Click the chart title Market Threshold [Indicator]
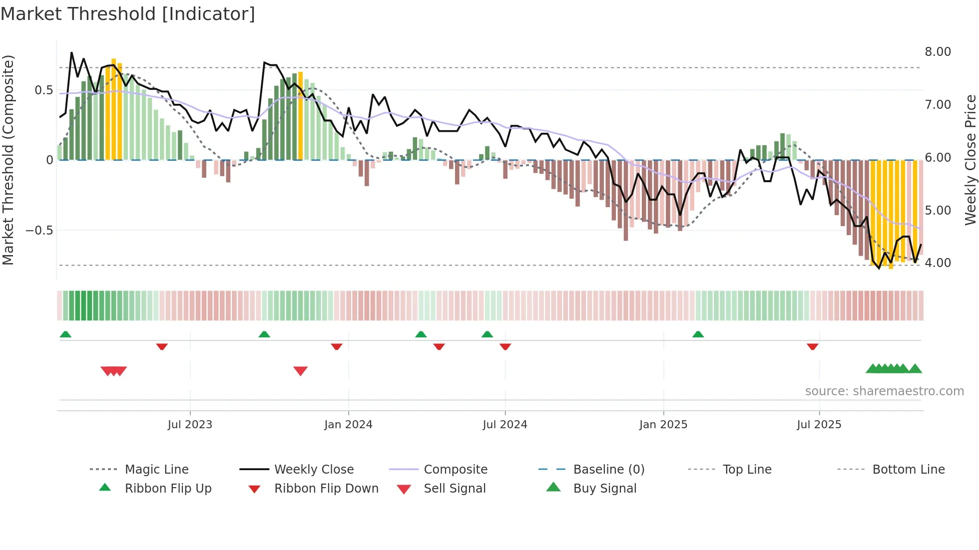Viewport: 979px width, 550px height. pyautogui.click(x=128, y=14)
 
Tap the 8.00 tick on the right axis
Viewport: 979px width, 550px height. pyautogui.click(x=938, y=52)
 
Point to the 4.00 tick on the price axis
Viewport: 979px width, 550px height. pyautogui.click(x=938, y=263)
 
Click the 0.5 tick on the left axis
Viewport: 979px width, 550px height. pyautogui.click(x=43, y=90)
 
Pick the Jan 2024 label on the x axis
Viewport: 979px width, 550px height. pyautogui.click(x=348, y=425)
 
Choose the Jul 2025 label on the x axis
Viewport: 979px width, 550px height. pyautogui.click(x=819, y=425)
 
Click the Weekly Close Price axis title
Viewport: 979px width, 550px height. pyautogui.click(x=970, y=160)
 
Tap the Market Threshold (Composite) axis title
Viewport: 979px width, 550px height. pyautogui.click(x=8, y=160)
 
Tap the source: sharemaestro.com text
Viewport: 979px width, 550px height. pyautogui.click(x=884, y=391)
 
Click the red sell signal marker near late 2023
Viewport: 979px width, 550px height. pyautogui.click(x=300, y=370)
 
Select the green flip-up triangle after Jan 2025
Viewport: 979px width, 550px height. pyautogui.click(x=698, y=334)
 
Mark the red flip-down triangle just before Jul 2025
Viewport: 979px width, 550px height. pyautogui.click(x=813, y=346)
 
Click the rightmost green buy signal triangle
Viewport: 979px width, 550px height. pyautogui.click(x=915, y=369)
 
